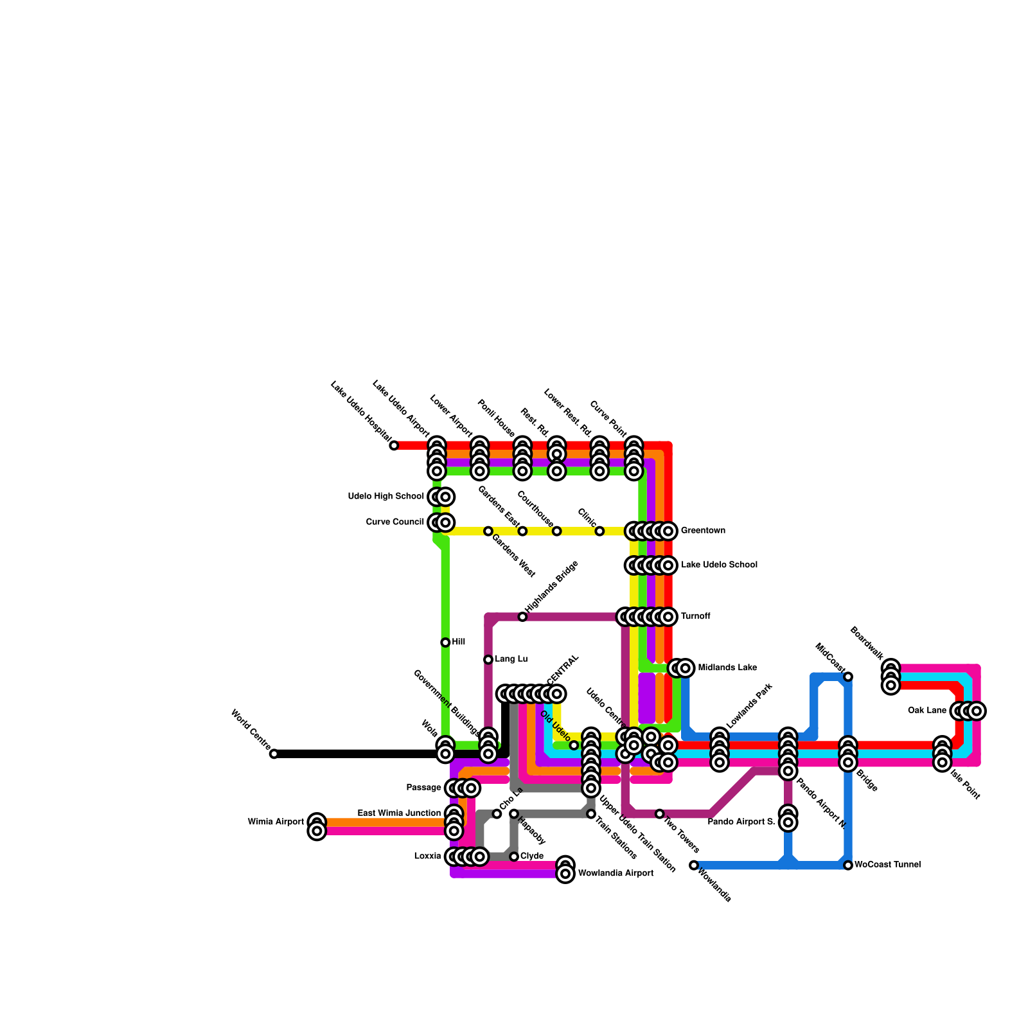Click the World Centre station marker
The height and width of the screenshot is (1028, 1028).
coord(274,754)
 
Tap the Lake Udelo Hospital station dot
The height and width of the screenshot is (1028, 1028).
coord(394,445)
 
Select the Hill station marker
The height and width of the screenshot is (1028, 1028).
coord(445,642)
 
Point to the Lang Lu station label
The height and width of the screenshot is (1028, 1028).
coord(511,659)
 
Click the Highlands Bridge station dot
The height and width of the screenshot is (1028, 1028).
coord(522,617)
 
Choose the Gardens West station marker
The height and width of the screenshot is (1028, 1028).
coord(488,531)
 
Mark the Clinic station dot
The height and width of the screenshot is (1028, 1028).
coord(599,531)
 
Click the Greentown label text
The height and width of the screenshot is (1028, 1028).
coord(703,531)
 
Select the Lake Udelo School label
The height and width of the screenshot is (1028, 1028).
coord(719,565)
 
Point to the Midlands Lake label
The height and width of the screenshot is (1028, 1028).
coord(727,668)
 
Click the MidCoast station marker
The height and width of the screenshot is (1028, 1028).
coord(848,677)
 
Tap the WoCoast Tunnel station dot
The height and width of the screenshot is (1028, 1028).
coord(848,865)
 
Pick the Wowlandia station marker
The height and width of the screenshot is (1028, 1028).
coord(694,865)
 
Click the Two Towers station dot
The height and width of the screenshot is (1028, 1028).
coord(659,814)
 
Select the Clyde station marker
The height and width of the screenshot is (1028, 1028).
coord(514,856)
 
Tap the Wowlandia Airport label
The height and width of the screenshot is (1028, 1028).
coord(616,874)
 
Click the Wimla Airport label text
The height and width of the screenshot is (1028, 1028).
coord(276,822)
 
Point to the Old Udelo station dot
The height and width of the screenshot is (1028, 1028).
coord(574,745)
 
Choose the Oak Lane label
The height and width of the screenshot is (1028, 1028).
coord(927,711)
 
